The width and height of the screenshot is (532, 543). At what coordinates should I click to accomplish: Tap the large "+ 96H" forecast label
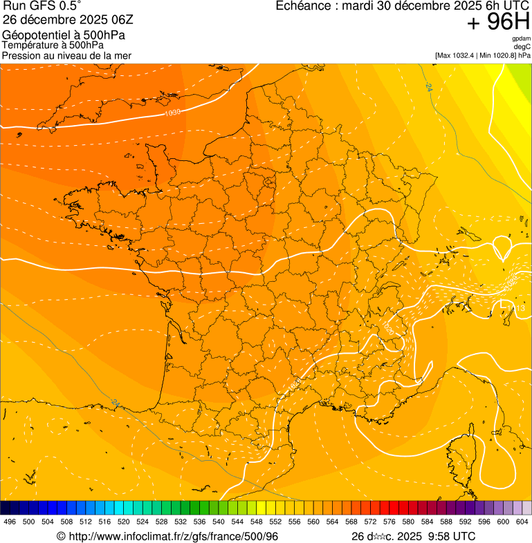point(499,23)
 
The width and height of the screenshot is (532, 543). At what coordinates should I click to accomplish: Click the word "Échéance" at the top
point(303,6)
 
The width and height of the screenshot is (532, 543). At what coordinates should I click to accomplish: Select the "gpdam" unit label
point(521,39)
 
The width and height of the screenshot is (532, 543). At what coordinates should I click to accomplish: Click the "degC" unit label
point(522,46)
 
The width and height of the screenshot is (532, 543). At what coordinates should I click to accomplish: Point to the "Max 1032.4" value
point(456,55)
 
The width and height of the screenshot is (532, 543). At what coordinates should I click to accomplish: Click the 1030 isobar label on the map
point(173,112)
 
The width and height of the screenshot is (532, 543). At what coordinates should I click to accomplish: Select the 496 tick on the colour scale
point(10,522)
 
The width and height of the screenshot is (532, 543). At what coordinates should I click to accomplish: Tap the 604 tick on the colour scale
point(522,522)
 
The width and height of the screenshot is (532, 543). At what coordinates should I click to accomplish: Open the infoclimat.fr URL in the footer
point(172,536)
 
